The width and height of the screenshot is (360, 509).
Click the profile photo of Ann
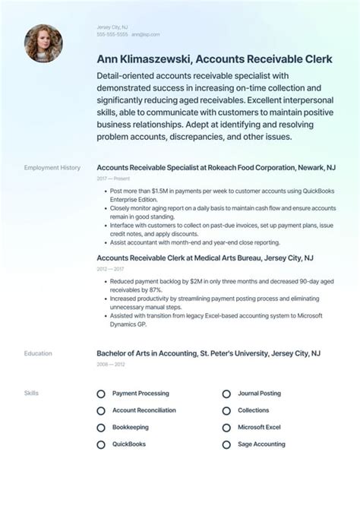[43, 43]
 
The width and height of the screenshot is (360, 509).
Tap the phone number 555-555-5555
[112, 35]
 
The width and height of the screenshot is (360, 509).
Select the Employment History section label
[52, 167]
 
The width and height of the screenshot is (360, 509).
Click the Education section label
[38, 353]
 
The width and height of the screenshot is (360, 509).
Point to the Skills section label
[31, 394]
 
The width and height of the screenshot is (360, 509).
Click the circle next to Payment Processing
[101, 394]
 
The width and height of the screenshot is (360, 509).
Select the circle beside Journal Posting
[226, 394]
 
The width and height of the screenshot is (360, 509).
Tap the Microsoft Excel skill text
[259, 427]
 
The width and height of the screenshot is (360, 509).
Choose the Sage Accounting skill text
[261, 444]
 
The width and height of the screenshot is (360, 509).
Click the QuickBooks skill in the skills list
[128, 444]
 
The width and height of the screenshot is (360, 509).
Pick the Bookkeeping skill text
[131, 427]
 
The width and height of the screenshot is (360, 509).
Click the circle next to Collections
[226, 411]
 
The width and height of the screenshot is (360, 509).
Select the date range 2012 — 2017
[110, 269]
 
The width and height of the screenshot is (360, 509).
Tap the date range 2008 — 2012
[110, 364]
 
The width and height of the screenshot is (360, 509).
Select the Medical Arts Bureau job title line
[205, 258]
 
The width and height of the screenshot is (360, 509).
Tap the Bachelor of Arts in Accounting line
[208, 353]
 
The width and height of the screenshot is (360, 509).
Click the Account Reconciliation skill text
[144, 410]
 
